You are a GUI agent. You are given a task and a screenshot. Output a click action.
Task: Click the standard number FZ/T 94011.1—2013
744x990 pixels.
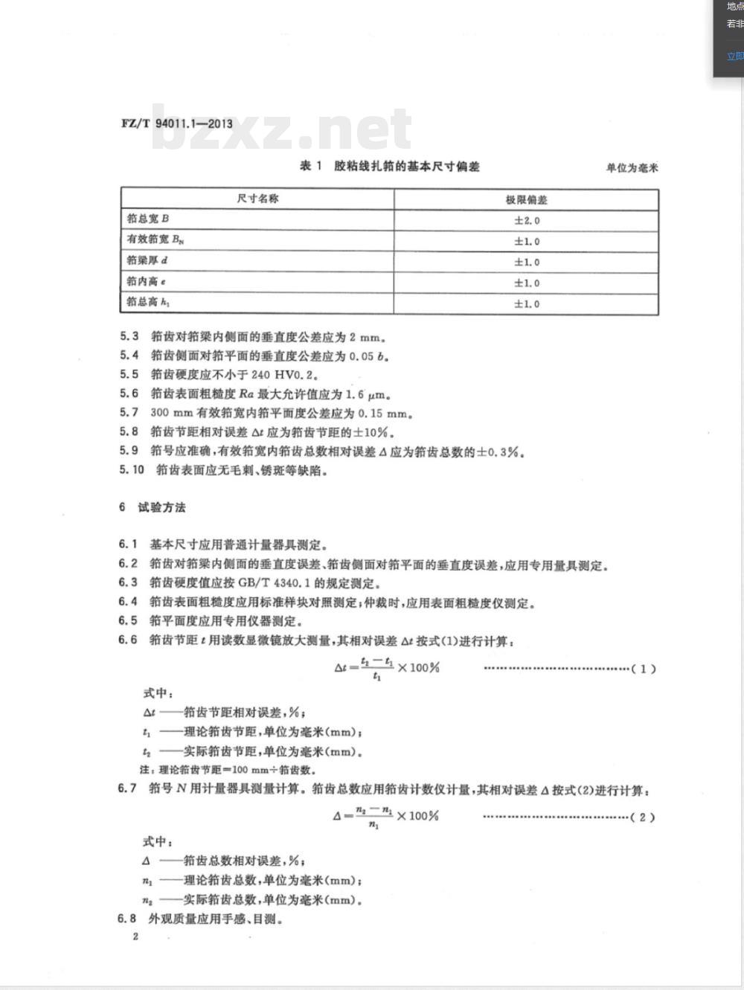pos(176,123)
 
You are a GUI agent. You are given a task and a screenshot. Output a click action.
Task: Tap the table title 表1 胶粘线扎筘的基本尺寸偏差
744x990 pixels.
pos(389,166)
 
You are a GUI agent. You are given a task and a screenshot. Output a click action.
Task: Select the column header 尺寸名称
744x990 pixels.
pos(257,199)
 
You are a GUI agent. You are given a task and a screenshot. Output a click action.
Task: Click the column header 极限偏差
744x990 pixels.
pos(526,199)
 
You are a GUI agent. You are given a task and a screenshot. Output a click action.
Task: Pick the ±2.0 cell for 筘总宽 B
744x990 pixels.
pos(527,220)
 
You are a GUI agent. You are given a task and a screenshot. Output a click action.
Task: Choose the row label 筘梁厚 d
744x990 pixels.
pos(147,260)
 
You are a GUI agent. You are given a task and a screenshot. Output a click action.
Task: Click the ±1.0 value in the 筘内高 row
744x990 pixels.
pos(527,283)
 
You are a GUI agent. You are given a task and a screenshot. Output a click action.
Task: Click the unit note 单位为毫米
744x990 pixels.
pos(632,168)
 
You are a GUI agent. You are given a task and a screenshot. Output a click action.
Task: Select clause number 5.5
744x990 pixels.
pos(129,374)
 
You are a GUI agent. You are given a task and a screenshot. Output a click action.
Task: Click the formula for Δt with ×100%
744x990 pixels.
pos(386,668)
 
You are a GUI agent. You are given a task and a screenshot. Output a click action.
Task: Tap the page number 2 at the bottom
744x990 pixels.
pos(135,936)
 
